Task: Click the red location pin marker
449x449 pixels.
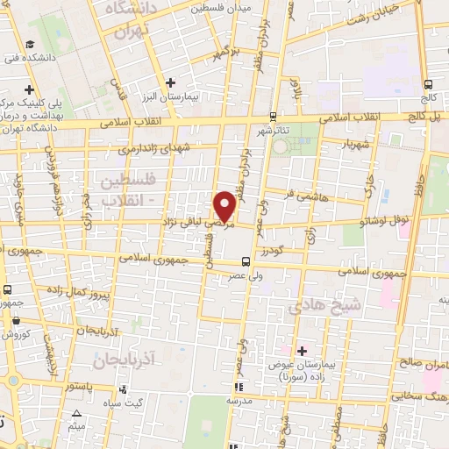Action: [x=226, y=205]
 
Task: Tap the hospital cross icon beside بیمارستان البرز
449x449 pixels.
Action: [x=170, y=82]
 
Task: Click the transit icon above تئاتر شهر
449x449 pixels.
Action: [x=273, y=116]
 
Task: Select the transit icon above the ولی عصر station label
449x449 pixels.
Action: [x=245, y=260]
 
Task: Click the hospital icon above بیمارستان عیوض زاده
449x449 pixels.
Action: [x=303, y=351]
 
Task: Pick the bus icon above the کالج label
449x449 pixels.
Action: [x=429, y=85]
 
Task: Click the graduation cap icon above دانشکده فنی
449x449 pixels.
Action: [x=30, y=45]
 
